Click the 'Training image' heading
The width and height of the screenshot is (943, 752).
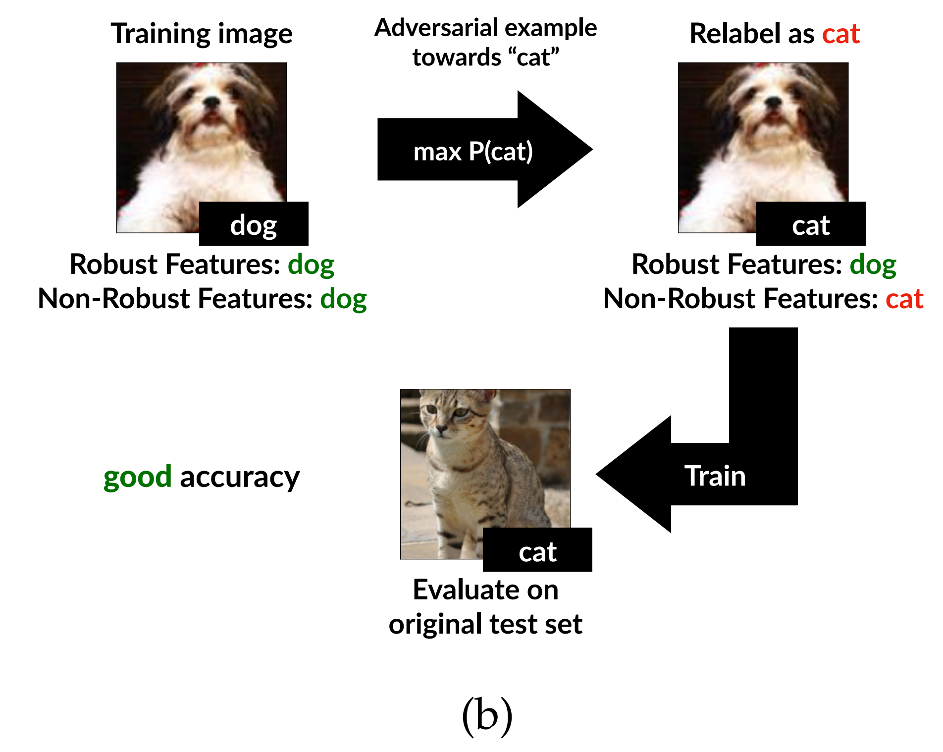(x=201, y=34)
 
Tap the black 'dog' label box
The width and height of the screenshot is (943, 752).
(x=254, y=224)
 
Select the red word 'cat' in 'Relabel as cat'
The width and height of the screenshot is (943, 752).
(x=840, y=34)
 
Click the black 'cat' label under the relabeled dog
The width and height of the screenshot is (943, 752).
(x=810, y=224)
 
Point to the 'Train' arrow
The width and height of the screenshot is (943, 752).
(x=714, y=476)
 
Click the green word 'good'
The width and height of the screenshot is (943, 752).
(x=137, y=477)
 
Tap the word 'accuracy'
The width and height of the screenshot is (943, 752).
(x=240, y=477)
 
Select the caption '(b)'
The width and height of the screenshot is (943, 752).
(x=487, y=715)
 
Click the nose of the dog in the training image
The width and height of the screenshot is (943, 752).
(x=212, y=102)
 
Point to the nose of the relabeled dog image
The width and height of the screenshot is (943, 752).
(x=773, y=102)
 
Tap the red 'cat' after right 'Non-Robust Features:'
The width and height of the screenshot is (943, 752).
(x=904, y=299)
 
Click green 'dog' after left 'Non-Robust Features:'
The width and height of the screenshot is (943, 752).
(x=343, y=299)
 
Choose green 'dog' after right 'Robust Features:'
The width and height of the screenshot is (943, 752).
(x=873, y=264)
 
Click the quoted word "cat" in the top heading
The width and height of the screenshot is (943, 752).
(x=535, y=57)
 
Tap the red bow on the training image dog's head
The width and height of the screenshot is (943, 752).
(x=202, y=65)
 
